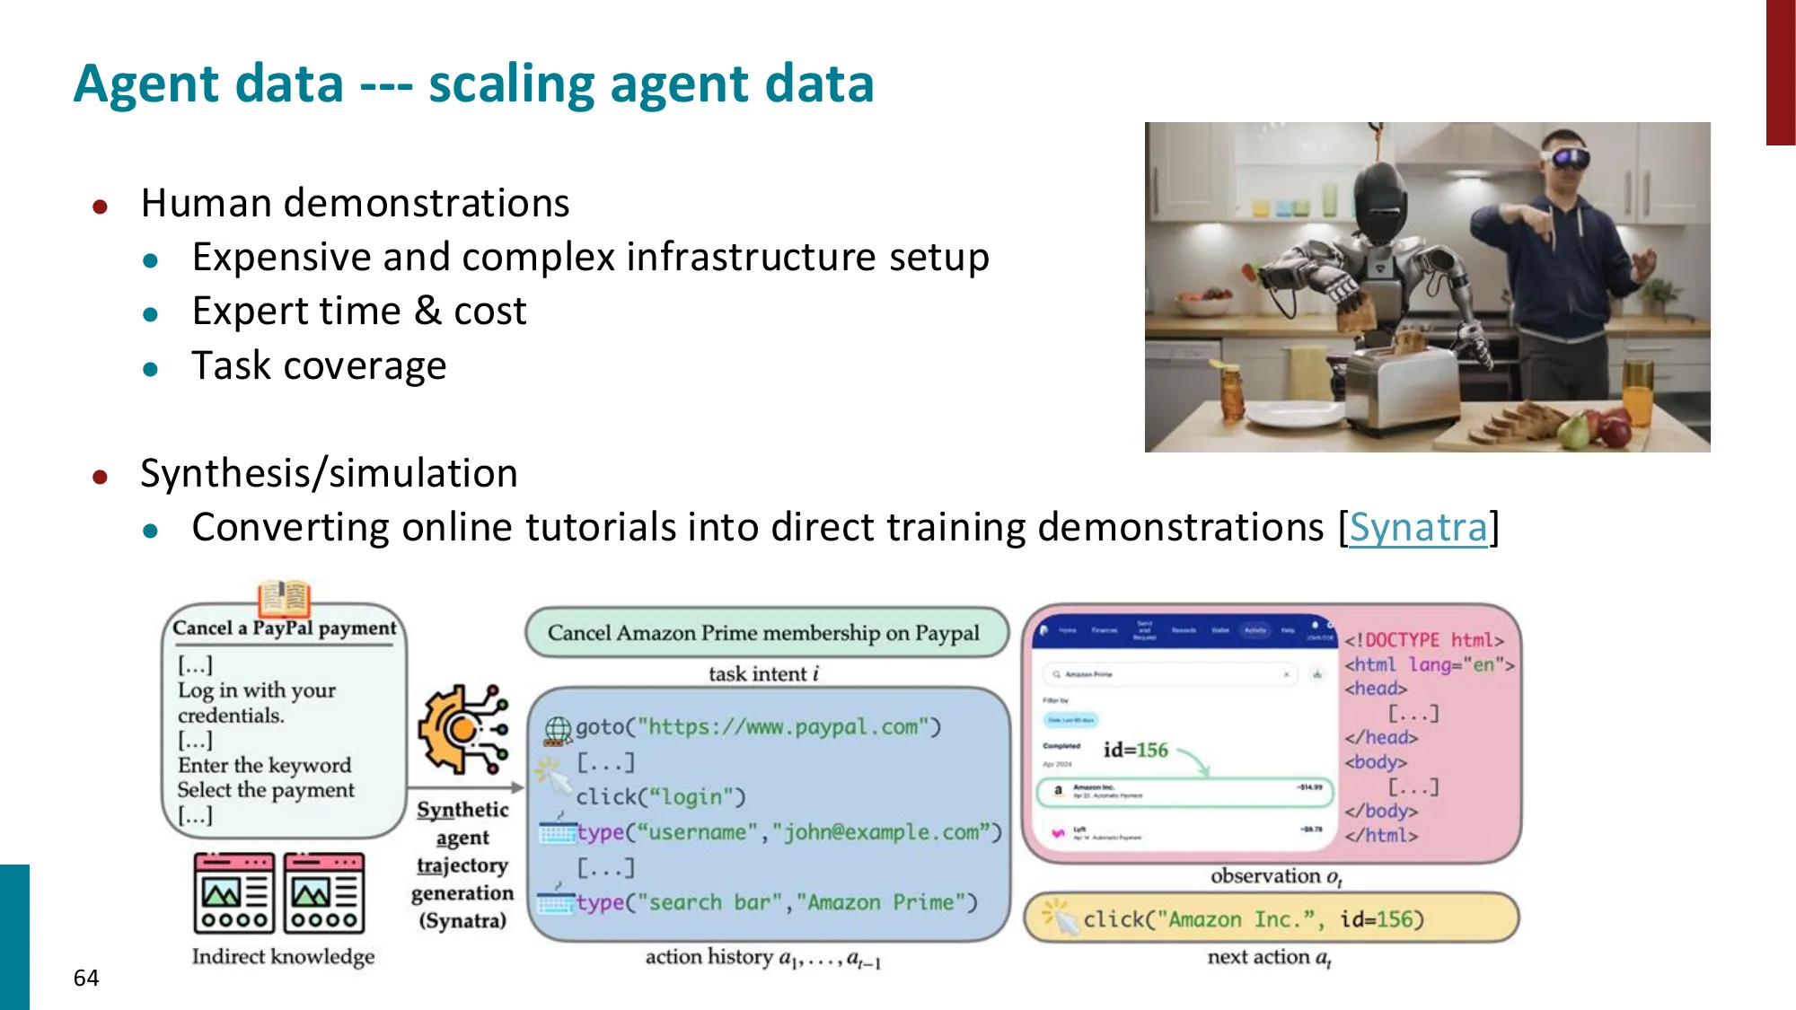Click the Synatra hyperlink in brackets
coord(1418,527)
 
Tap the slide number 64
coord(86,978)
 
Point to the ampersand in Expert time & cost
coord(427,311)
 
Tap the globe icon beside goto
coord(558,730)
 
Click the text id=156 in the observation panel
coord(1135,750)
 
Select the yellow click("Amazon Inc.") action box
coord(1271,918)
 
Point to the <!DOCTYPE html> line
coord(1423,640)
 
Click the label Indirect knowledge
coord(283,956)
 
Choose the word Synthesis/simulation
coord(329,473)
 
